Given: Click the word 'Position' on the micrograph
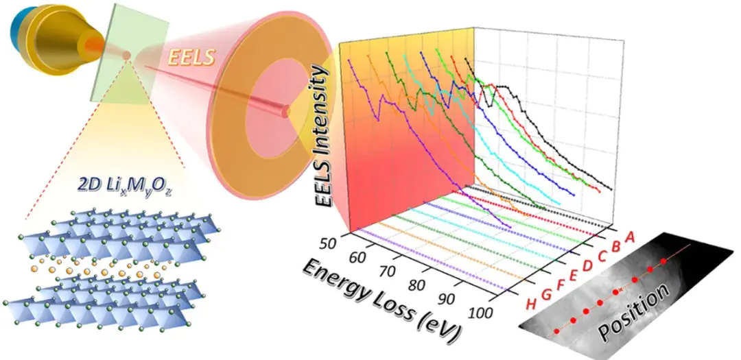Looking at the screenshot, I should click(633, 312).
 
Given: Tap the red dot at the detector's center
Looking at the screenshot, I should click(287, 110).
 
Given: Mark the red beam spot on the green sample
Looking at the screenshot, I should click(126, 54).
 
